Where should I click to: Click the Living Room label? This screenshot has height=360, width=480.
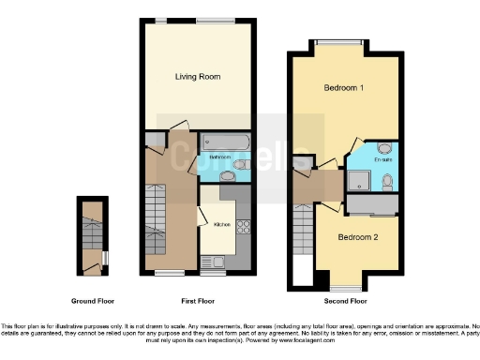197,77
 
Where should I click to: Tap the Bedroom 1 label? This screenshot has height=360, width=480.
344,88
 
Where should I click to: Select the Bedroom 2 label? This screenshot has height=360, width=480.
358,237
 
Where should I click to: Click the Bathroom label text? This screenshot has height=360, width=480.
219,157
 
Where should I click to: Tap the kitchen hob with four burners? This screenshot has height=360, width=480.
243,226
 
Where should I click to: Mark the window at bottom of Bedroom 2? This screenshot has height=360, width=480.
344,287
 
